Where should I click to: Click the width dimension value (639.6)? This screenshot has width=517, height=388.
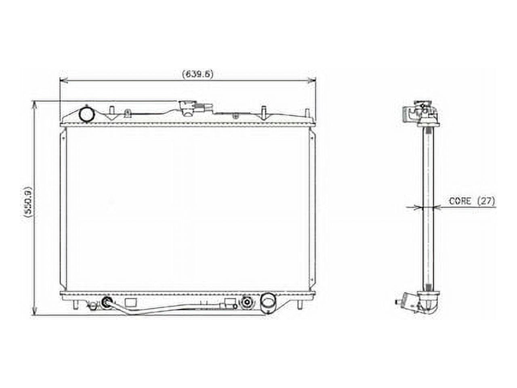pos(198,74)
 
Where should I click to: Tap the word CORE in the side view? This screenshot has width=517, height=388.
pos(460,201)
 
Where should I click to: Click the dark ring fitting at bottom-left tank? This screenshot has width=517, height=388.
pos(107,302)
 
